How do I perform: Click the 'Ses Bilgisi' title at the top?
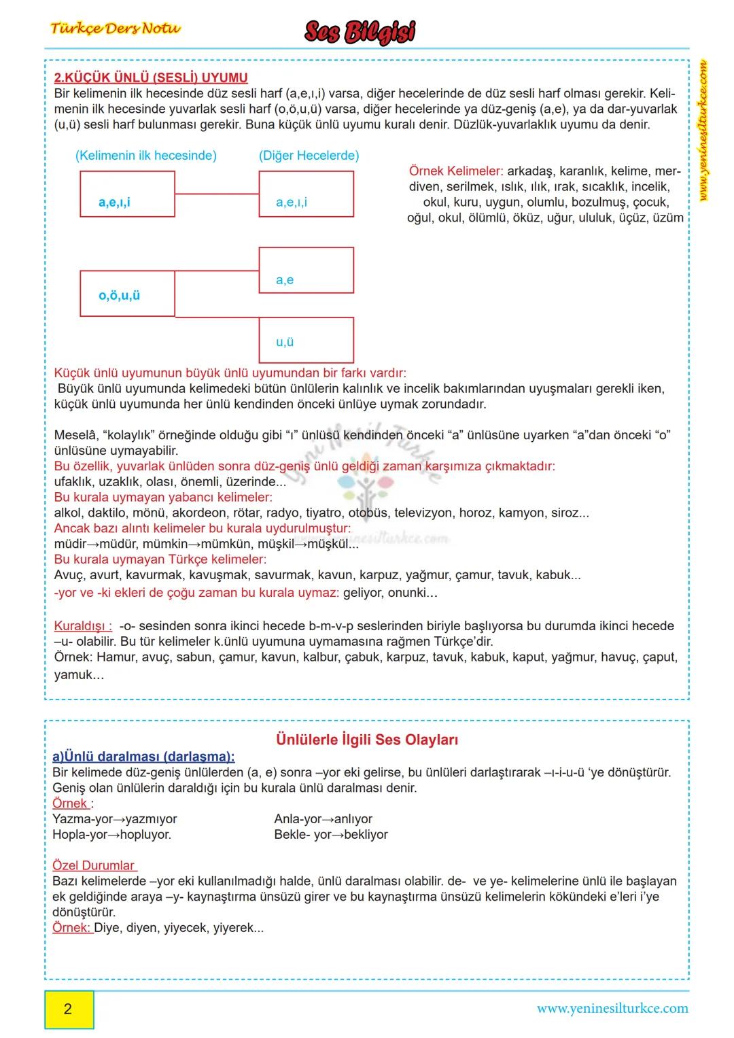(x=360, y=32)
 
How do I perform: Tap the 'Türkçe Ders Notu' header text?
(x=116, y=29)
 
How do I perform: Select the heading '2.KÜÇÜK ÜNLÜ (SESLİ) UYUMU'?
(x=151, y=77)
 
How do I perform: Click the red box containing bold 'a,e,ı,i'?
(x=127, y=194)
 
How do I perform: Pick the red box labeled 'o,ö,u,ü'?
(x=127, y=294)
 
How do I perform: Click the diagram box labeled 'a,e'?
(x=306, y=271)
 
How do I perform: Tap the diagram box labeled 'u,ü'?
(x=306, y=340)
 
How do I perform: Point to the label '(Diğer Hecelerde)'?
(x=309, y=155)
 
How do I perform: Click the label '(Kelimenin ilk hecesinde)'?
(x=146, y=155)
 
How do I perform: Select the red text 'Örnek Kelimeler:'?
(x=456, y=171)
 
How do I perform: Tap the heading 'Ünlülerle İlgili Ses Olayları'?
(x=367, y=740)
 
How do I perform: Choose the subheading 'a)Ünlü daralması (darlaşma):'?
(x=143, y=757)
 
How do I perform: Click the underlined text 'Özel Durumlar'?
(x=94, y=865)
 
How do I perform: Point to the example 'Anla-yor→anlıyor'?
(x=323, y=819)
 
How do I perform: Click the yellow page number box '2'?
(x=69, y=1009)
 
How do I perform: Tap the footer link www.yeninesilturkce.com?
(x=612, y=1009)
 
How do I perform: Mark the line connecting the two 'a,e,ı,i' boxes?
(x=217, y=194)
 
